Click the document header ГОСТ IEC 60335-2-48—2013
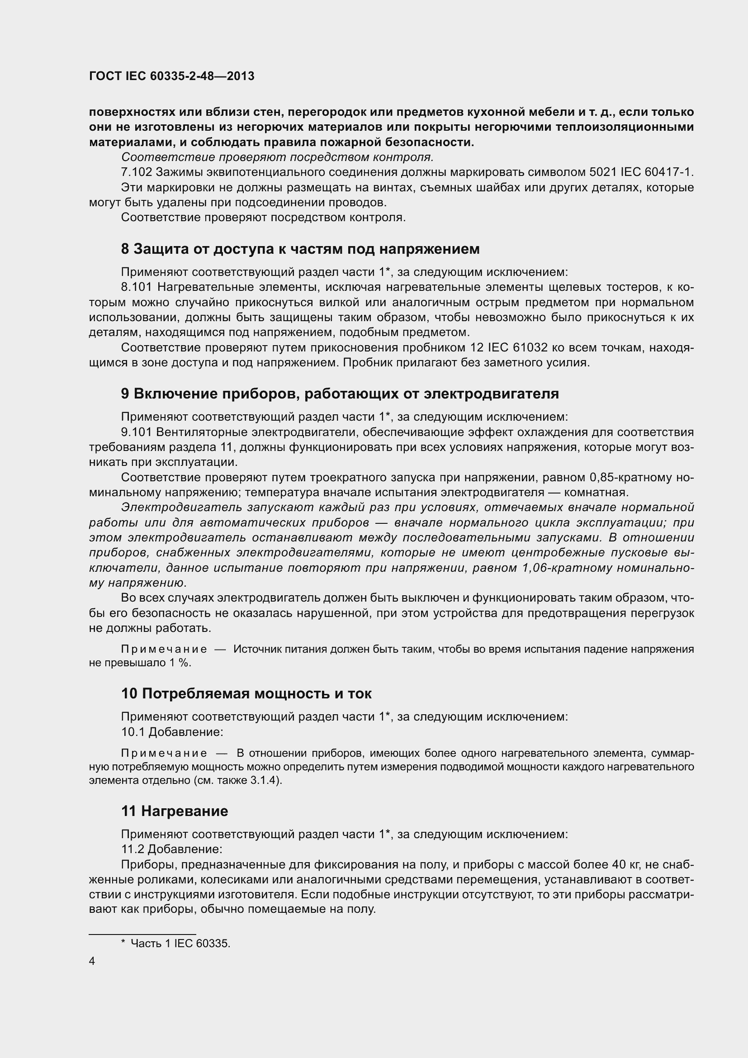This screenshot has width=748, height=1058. (171, 76)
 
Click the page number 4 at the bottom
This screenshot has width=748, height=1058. (92, 961)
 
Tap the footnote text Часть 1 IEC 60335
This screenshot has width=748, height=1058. (180, 943)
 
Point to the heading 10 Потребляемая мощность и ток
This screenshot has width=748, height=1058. (246, 693)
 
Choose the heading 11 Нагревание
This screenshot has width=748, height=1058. (175, 811)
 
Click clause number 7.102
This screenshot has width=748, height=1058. (137, 172)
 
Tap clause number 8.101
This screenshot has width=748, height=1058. (136, 288)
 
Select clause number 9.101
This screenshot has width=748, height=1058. (136, 432)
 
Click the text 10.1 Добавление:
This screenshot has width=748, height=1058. (172, 732)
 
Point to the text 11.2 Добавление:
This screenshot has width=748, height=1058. (171, 849)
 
